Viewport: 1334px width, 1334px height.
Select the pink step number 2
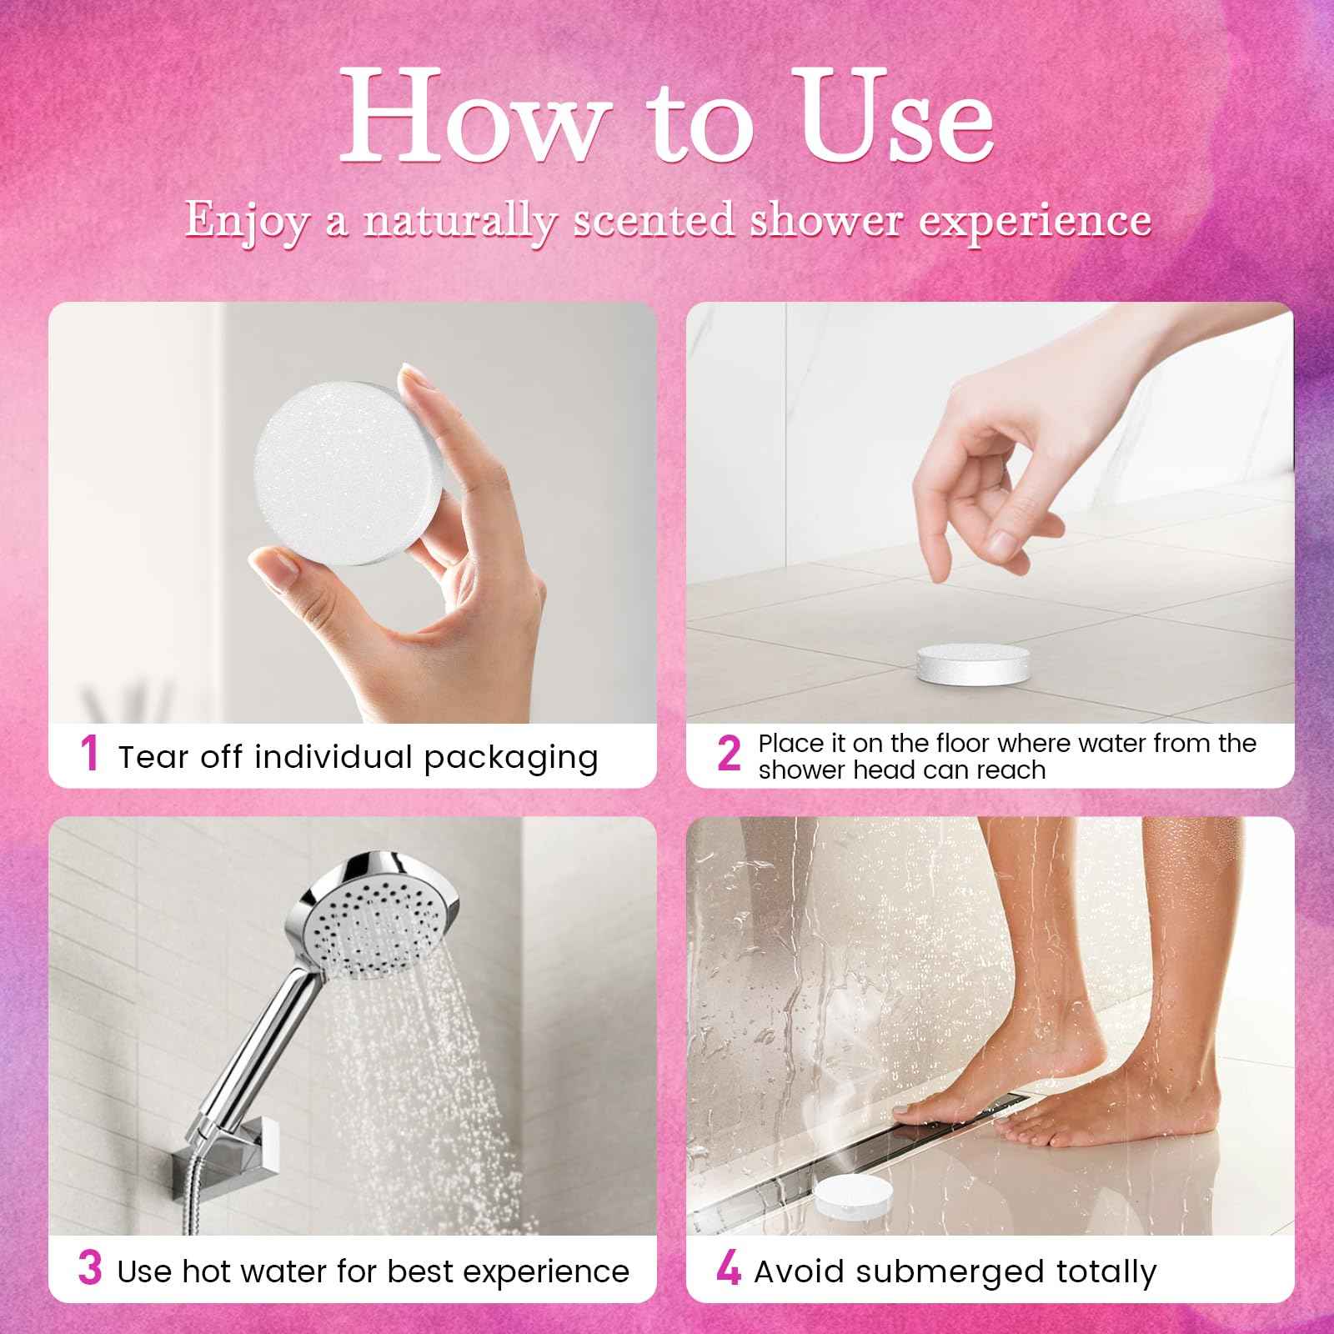click(728, 755)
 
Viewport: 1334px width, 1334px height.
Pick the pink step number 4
click(728, 1270)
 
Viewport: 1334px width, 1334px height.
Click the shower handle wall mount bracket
click(208, 1155)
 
